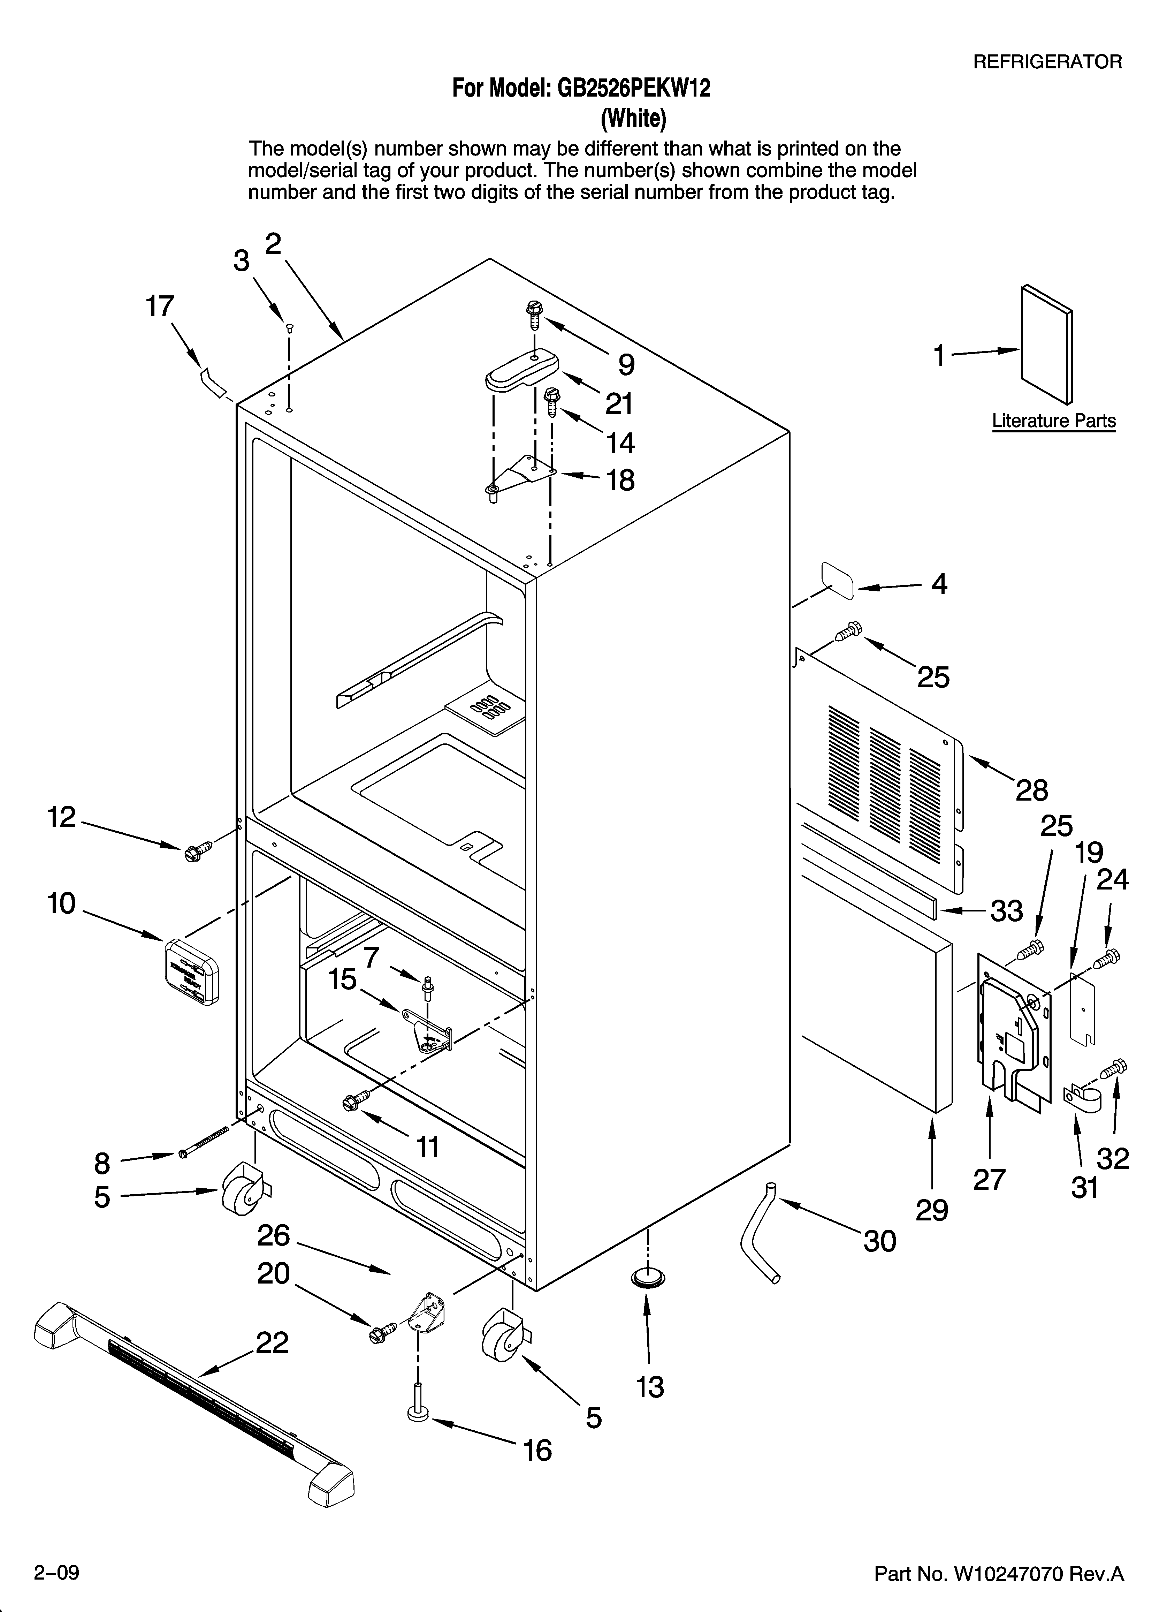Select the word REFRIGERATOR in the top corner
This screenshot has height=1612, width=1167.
(x=1047, y=62)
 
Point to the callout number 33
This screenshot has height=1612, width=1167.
(x=1006, y=910)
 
